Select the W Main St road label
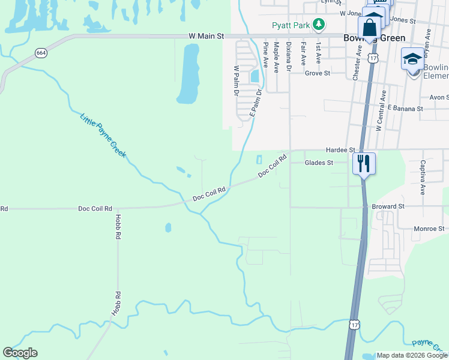coord(206,36)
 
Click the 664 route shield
coord(41,53)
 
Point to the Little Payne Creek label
coord(103,136)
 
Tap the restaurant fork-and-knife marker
coord(363,163)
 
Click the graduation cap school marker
coord(412,59)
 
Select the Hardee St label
coord(340,149)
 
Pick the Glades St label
coord(319,163)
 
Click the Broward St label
coord(388,206)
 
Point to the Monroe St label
coord(429,229)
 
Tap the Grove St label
coord(318,73)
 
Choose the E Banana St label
coord(405,109)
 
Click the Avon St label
coord(439,97)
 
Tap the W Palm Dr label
coord(237,80)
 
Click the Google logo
coord(20,353)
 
